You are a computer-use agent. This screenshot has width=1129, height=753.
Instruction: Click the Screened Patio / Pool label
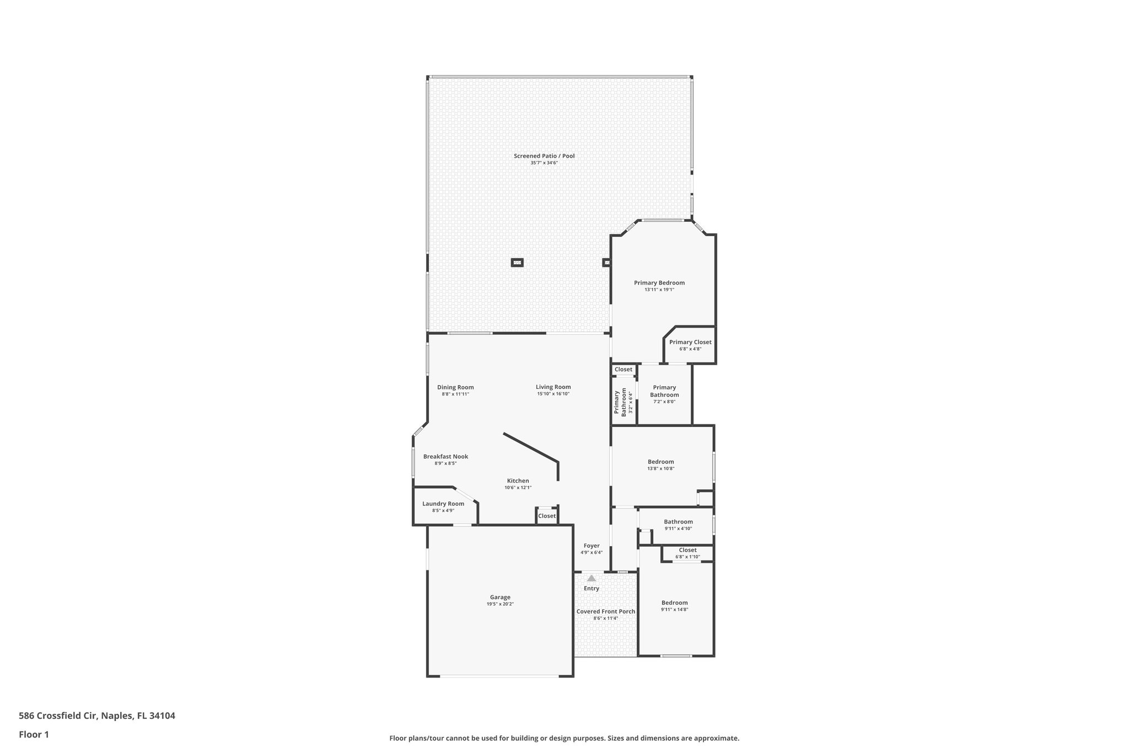pos(544,156)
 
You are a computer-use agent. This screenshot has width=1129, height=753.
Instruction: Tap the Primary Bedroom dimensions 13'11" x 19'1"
pos(659,290)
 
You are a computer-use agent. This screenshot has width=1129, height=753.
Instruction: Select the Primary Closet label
pos(690,342)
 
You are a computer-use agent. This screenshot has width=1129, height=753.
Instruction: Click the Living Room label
pos(553,387)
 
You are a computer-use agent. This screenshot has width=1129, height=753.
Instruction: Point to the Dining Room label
pos(455,387)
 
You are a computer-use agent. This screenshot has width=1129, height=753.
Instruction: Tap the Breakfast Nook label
pos(445,457)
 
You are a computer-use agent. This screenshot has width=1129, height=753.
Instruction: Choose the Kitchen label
pos(518,481)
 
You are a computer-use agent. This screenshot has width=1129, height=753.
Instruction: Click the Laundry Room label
pos(443,504)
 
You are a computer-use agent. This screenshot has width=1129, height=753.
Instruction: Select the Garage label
pos(500,597)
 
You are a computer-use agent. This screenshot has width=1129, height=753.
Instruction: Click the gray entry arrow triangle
pos(592,579)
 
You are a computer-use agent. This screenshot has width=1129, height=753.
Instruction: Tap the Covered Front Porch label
pos(606,611)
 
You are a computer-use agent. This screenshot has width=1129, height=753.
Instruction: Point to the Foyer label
pos(592,546)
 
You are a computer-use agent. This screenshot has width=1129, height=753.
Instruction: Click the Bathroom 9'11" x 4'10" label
pos(678,522)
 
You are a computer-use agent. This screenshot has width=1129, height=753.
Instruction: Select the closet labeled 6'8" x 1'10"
pos(687,553)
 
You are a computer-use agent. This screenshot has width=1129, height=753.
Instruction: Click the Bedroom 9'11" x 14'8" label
pos(675,603)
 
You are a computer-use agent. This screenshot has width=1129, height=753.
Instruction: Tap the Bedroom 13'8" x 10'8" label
pos(660,462)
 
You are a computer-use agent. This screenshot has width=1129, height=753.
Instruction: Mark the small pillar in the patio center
pos(517,263)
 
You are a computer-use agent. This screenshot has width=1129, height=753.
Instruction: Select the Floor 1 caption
pos(34,734)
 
